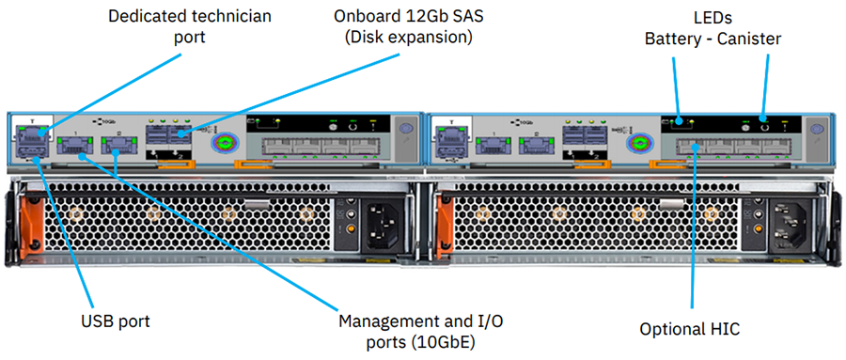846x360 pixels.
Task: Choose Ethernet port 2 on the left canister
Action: click(117, 145)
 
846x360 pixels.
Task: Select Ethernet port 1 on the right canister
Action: click(489, 145)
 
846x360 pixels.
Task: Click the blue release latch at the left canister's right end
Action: click(406, 129)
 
